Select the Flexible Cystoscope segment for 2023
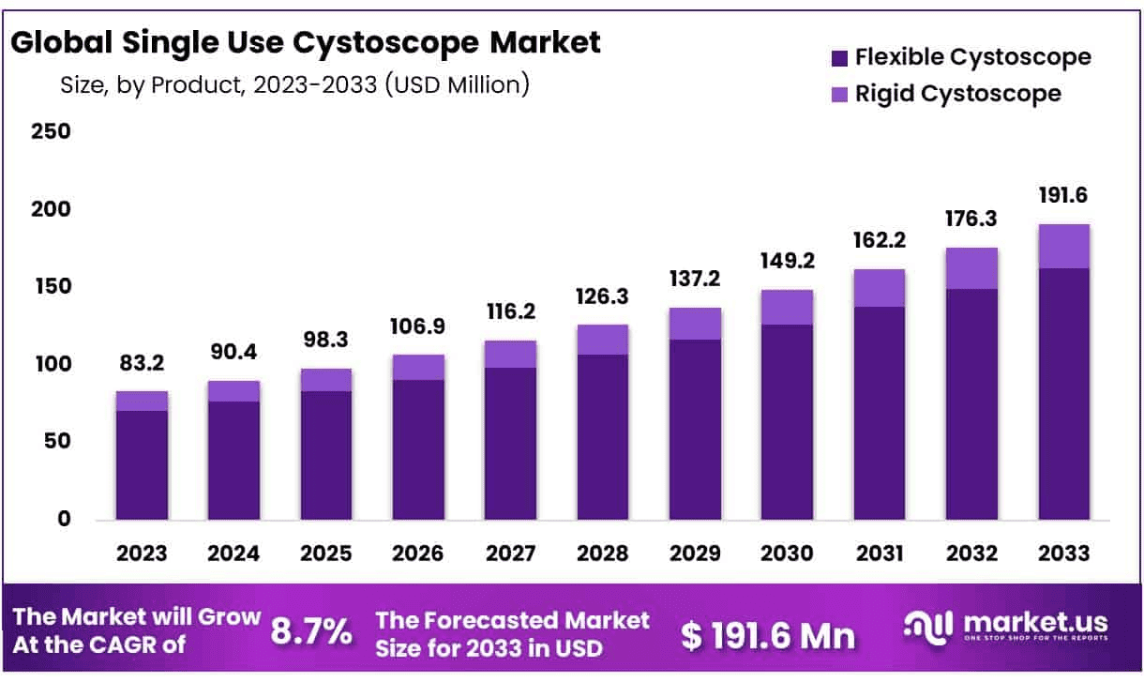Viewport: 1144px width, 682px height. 142,464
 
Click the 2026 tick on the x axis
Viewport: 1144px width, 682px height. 418,553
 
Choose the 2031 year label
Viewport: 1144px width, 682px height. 879,553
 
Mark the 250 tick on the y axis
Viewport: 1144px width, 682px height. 52,131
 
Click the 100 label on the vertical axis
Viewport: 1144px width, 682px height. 52,364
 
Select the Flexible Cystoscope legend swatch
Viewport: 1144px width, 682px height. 839,58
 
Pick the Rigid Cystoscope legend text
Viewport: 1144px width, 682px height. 957,94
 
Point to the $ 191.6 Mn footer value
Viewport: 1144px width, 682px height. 768,635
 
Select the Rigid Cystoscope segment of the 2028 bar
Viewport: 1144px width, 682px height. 602,340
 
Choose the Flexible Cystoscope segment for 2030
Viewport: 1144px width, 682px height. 787,421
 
